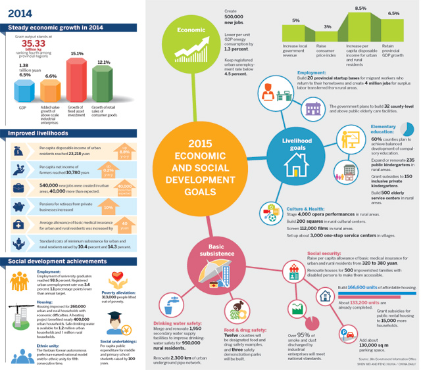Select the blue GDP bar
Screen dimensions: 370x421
tap(24, 89)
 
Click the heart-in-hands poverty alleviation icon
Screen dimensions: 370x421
tap(116, 279)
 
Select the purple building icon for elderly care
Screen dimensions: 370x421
tap(312, 106)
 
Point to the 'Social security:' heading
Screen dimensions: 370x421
tap(324, 252)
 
